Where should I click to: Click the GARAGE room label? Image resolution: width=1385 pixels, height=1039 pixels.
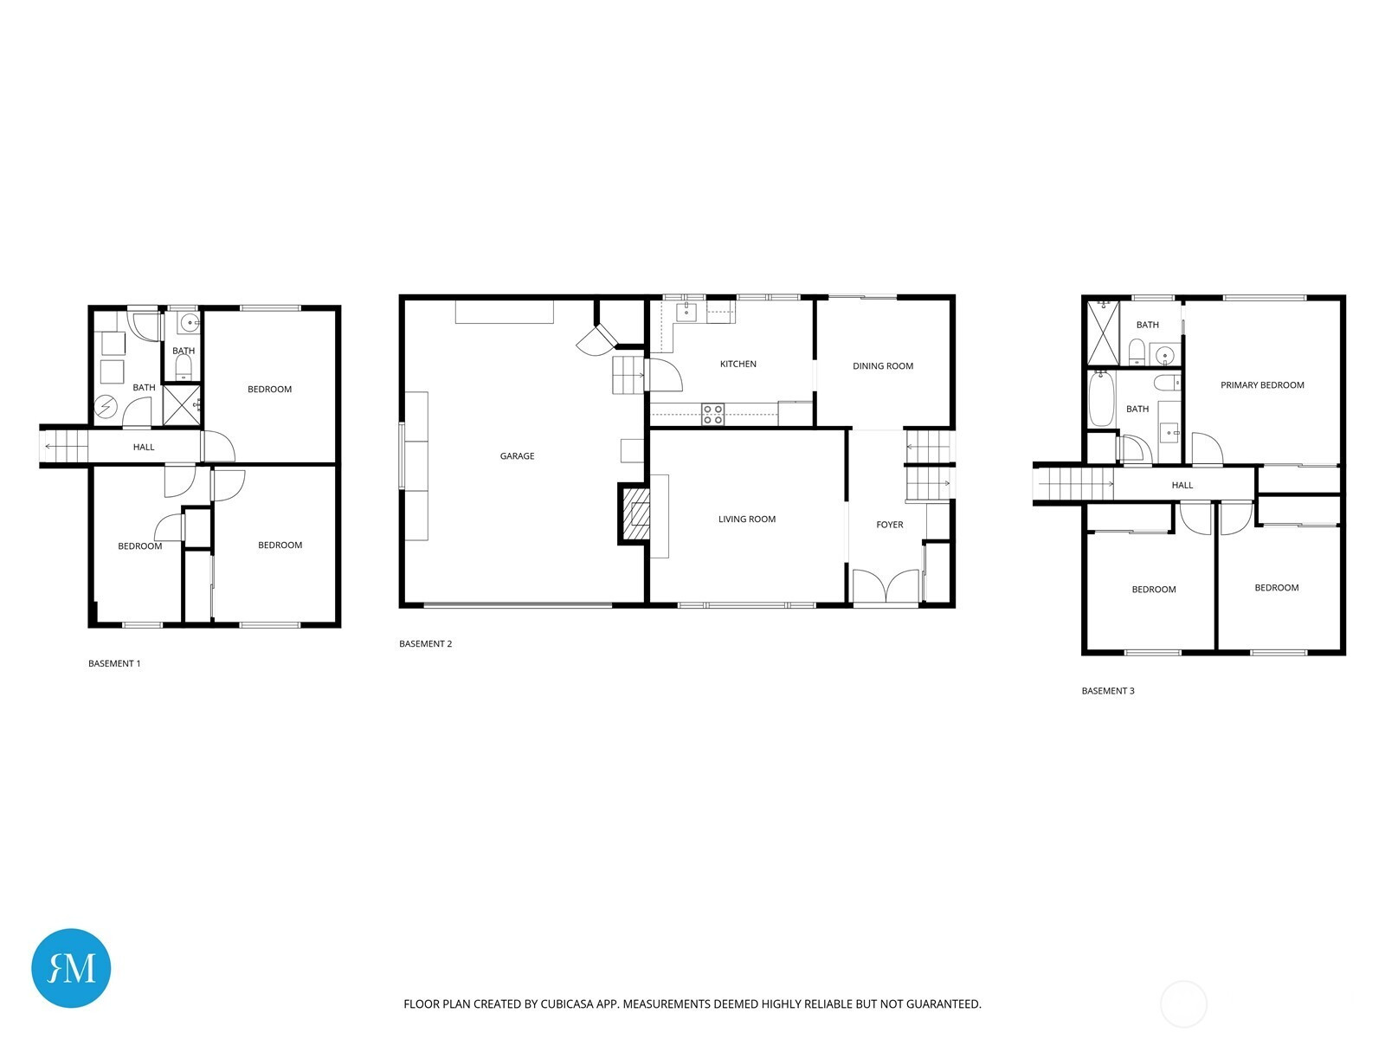point(517,456)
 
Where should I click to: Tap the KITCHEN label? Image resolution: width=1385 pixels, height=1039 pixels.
point(738,364)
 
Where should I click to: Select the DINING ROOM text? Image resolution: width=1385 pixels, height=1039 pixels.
point(883,366)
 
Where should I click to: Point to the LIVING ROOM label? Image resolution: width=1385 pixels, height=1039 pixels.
point(746,519)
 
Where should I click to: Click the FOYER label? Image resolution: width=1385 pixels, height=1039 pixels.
point(890,525)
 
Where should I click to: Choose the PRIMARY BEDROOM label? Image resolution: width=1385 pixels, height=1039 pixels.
point(1262,385)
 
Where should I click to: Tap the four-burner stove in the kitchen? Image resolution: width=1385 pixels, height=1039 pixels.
point(713,415)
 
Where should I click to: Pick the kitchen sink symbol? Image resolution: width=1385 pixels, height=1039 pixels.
point(686,312)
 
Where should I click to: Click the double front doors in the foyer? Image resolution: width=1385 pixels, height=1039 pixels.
point(886,587)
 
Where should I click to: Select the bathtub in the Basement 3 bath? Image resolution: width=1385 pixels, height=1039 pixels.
point(1102,399)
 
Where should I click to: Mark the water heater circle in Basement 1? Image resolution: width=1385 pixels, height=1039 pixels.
point(106,407)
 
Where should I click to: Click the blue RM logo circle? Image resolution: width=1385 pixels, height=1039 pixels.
point(71,968)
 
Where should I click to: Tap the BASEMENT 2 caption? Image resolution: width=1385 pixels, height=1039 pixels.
point(425,644)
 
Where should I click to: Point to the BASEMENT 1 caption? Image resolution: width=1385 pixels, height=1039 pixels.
point(114,663)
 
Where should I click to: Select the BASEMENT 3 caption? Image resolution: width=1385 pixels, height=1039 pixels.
point(1108,691)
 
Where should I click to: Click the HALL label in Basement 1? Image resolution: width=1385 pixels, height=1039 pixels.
point(144,448)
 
